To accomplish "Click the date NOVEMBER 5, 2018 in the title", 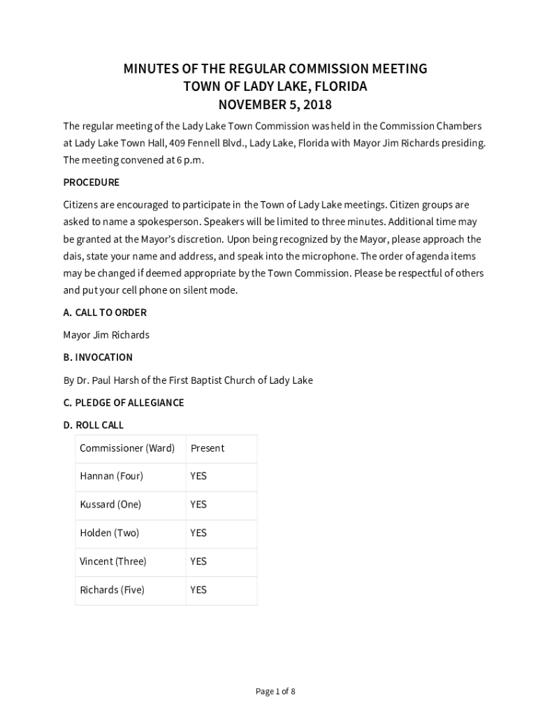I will [275, 106].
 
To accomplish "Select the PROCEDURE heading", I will [92, 182].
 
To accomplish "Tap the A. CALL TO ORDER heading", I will [105, 313].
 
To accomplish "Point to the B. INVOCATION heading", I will [98, 357].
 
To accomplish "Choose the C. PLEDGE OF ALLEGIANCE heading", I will [124, 403].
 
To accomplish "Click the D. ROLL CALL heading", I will [94, 425].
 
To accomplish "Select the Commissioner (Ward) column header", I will [127, 448].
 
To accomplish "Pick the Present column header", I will [208, 448].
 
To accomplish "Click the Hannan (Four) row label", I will [111, 476].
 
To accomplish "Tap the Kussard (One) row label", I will [110, 504].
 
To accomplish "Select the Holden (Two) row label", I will [109, 533].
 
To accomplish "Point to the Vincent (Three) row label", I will [113, 561].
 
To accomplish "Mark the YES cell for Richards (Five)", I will [198, 590].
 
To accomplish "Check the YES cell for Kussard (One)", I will [198, 504].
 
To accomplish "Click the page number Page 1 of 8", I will [275, 692].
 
